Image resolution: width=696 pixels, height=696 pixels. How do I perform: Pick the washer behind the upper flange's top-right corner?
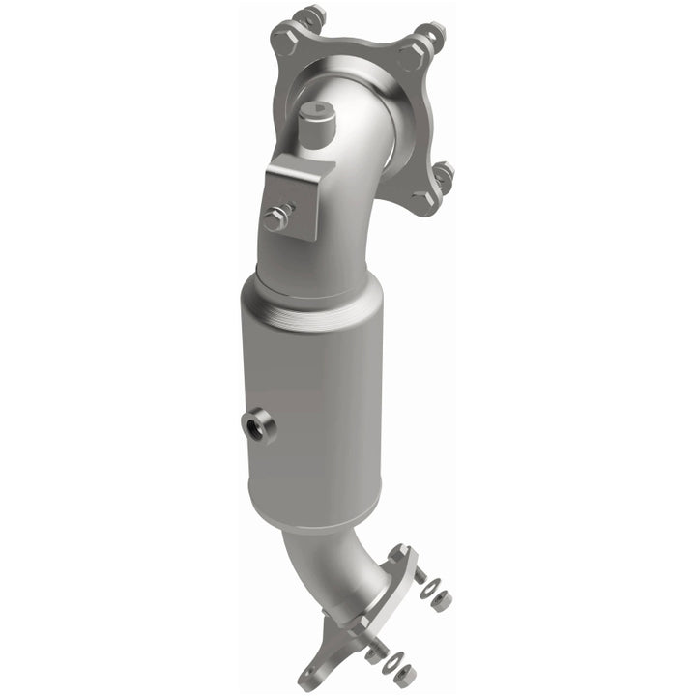432,36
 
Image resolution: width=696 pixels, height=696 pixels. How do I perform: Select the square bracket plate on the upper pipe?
302,198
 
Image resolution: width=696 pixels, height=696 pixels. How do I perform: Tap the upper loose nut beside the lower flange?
442,600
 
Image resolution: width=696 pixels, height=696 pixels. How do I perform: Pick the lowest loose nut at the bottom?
405,676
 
